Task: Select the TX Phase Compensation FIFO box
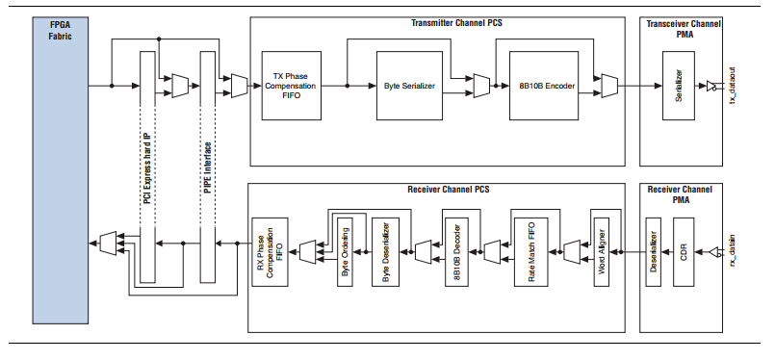pos(291,86)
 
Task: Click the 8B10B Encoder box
pos(540,86)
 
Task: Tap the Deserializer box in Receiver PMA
pos(654,253)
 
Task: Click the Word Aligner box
pos(602,252)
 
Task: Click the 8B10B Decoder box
pos(456,252)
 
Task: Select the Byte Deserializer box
pos(384,252)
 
